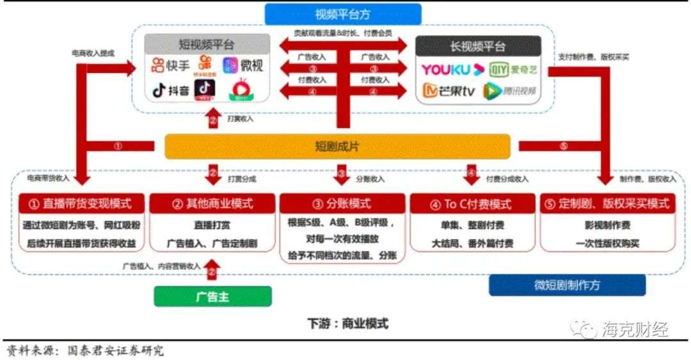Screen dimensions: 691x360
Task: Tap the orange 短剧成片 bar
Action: pos(337,146)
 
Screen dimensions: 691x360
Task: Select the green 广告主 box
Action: pos(212,296)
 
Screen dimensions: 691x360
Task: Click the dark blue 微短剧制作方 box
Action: pos(567,285)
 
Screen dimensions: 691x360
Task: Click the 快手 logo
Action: pos(171,65)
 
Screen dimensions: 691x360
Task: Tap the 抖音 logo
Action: pos(171,91)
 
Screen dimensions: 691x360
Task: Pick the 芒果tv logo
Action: pos(450,91)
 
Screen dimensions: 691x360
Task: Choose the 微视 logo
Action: pos(243,65)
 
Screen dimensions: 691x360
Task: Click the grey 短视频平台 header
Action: pos(205,45)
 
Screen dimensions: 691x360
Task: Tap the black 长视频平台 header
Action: pos(478,46)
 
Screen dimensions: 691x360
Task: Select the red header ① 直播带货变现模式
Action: pos(80,204)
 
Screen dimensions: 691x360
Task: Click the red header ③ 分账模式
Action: pos(342,204)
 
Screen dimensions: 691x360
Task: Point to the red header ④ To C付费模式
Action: pos(471,204)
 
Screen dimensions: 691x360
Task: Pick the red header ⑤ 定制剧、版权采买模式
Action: pos(607,204)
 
